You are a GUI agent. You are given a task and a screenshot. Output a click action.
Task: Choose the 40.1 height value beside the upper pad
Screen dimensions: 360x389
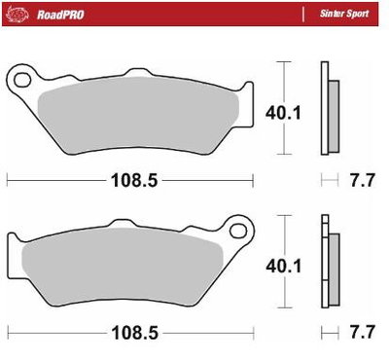(x=282, y=114)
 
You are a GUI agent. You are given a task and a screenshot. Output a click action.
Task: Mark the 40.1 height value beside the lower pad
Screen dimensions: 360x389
(x=282, y=265)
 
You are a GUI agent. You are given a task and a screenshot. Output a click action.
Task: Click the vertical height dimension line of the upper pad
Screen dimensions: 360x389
(x=282, y=78)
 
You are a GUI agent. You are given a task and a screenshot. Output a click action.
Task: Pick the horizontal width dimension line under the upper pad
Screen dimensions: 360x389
(x=58, y=180)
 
